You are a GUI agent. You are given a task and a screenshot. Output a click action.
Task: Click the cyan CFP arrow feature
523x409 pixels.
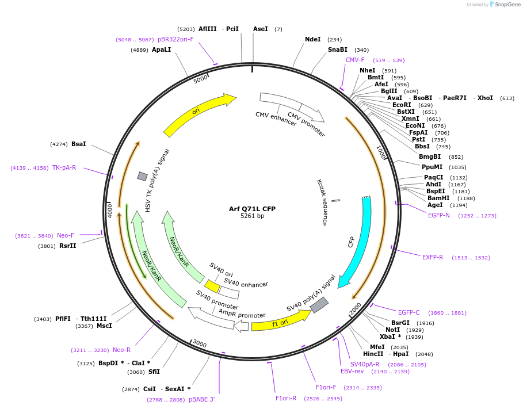(x=360, y=242)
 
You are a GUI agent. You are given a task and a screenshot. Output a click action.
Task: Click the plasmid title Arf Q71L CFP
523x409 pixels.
(x=252, y=208)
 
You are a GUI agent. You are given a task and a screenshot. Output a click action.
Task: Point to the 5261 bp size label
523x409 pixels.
(x=252, y=216)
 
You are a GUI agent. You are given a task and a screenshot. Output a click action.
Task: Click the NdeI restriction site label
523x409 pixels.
(x=312, y=39)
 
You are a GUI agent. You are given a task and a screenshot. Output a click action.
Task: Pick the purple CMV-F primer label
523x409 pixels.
(x=355, y=60)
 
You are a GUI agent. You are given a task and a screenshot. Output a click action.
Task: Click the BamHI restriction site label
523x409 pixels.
(x=438, y=198)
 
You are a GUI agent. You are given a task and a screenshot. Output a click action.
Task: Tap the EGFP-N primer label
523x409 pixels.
(x=439, y=215)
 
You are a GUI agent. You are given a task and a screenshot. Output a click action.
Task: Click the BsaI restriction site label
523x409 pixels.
(x=78, y=144)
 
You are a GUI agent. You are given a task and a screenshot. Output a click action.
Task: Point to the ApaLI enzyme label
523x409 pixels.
(x=161, y=49)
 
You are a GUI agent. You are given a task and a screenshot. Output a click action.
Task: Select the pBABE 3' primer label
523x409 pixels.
(x=201, y=399)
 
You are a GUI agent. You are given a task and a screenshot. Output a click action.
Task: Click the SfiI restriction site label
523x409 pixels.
(x=154, y=372)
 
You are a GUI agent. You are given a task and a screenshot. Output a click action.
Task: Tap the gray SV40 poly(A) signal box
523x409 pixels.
(x=319, y=305)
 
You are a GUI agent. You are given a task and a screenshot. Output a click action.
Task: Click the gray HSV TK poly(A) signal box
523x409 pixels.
(x=142, y=176)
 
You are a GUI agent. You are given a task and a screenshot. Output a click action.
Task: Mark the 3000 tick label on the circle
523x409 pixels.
(x=199, y=344)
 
